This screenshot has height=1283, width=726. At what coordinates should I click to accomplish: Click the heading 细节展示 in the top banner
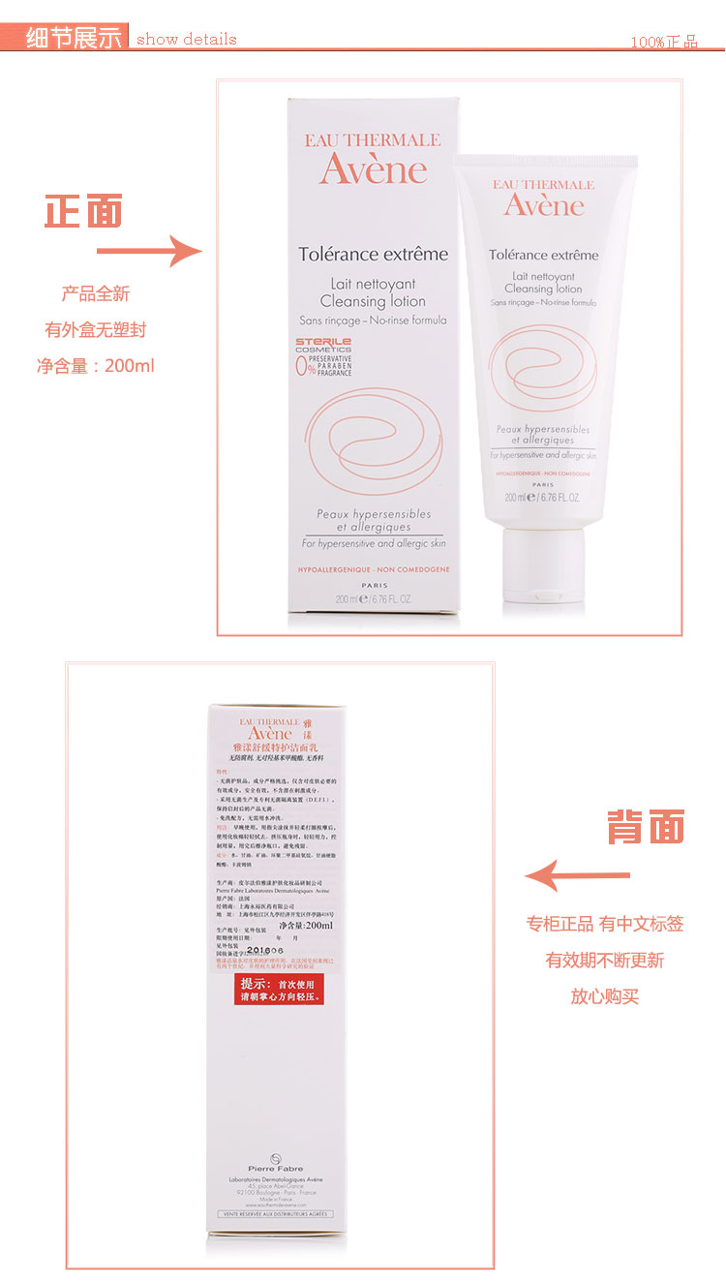(x=75, y=38)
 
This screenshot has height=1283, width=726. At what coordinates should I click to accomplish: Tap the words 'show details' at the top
(x=186, y=40)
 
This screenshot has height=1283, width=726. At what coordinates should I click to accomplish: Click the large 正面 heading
(x=83, y=211)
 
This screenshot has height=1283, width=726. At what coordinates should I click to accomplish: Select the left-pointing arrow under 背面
(x=577, y=875)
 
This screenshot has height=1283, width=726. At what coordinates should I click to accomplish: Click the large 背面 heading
(x=645, y=826)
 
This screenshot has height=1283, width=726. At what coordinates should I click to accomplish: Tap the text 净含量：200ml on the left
(x=96, y=366)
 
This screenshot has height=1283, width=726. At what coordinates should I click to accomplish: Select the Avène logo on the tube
(x=543, y=204)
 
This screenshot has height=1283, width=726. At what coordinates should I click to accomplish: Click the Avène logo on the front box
(x=373, y=169)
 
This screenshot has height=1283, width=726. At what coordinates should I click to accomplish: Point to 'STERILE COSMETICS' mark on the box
(x=323, y=346)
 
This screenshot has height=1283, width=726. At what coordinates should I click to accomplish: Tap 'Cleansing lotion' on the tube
(x=543, y=289)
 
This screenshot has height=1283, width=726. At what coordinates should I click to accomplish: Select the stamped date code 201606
(x=265, y=951)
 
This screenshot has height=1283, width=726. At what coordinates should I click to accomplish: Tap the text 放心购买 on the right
(x=604, y=996)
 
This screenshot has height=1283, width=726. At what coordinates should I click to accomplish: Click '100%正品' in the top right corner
(x=663, y=42)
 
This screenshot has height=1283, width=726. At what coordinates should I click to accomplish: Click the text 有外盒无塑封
(x=95, y=329)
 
